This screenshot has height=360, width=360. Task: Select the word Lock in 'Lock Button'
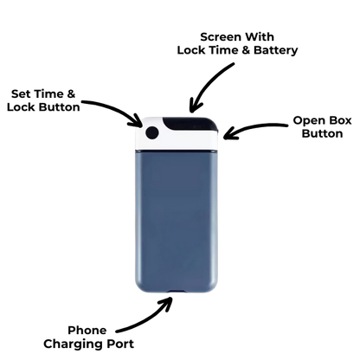[22, 107]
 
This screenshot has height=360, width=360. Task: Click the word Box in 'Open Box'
[341, 120]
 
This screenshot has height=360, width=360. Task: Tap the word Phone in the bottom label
[87, 331]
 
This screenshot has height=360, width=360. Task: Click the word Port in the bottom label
[121, 344]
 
